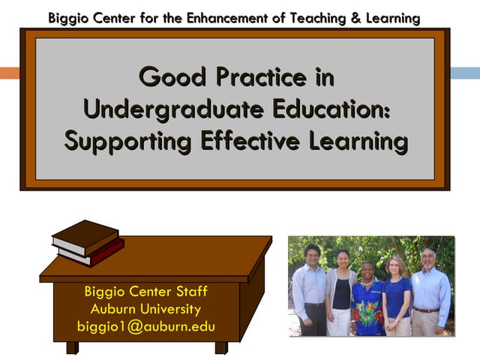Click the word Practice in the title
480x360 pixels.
click(275, 77)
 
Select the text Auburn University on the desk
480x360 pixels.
click(145, 309)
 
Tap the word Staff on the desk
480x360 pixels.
click(187, 292)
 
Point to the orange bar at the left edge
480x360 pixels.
click(9, 73)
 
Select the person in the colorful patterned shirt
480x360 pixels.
click(367, 300)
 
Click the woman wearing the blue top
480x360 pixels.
click(397, 296)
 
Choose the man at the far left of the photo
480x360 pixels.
click(310, 289)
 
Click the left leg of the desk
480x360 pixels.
click(72, 348)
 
